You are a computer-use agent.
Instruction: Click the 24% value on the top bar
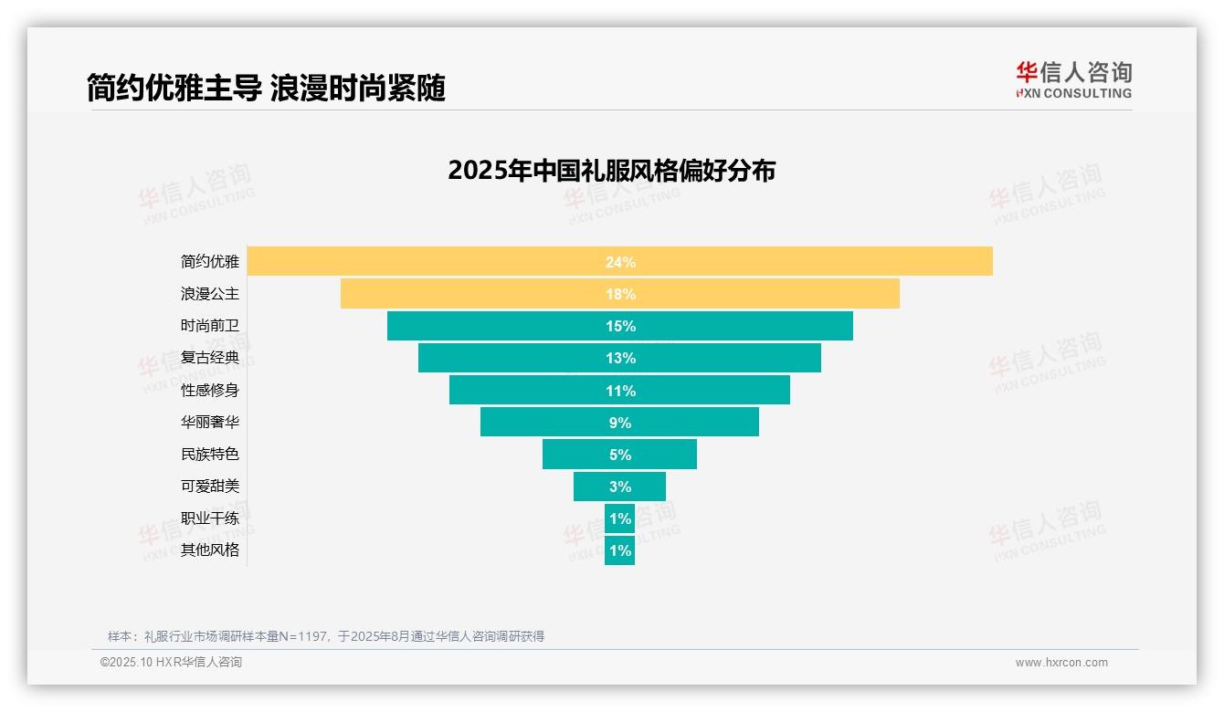pos(620,262)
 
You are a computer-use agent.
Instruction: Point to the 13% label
pos(620,358)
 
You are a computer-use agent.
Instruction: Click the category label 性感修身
pos(210,390)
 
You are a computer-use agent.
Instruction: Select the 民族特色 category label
pos(210,454)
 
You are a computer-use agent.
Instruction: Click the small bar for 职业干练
pos(620,518)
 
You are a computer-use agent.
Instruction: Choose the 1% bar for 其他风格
pos(620,550)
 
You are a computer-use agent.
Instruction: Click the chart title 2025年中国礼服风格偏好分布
pos(611,171)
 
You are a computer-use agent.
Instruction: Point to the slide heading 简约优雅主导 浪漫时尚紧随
pos(266,89)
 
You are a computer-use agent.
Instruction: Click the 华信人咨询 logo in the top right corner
pos(1073,79)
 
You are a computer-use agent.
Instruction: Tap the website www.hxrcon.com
pos(1061,663)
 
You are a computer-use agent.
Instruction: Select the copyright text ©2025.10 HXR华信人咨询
pos(171,663)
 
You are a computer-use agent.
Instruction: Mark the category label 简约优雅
pos(210,262)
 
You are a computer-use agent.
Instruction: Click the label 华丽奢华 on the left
pos(210,422)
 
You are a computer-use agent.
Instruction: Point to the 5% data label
pos(620,455)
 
